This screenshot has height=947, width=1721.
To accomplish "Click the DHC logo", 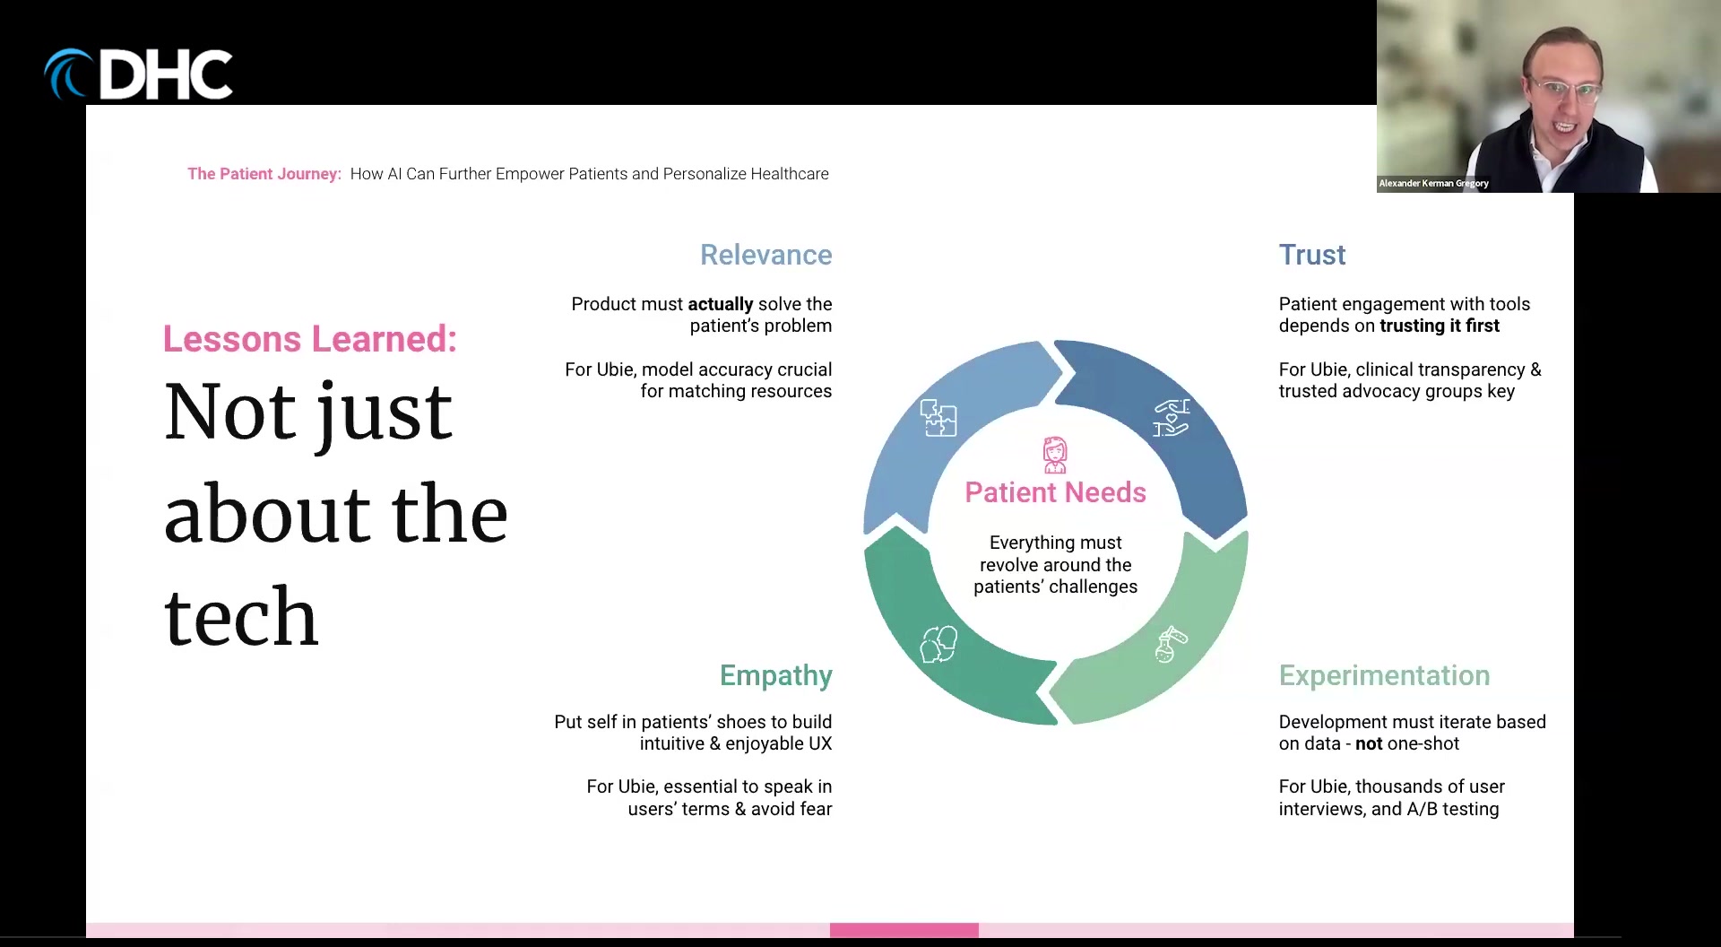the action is (x=139, y=74).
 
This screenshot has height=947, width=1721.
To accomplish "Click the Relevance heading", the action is (x=765, y=255).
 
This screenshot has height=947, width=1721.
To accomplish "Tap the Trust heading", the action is (x=1311, y=255).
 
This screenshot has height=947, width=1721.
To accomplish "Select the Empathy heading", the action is (x=775, y=676).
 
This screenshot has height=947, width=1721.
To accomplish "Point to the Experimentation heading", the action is (x=1384, y=676).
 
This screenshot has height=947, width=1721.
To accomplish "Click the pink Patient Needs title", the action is (x=1055, y=492).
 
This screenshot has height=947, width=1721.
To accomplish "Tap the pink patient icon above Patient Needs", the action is (x=1055, y=455).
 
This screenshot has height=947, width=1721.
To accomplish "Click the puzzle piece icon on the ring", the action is (x=938, y=418).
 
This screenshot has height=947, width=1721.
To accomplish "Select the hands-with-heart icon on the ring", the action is (x=1172, y=418).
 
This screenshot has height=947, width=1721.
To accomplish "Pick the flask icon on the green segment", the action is (x=1170, y=644).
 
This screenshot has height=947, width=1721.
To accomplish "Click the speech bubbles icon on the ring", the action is (x=938, y=644).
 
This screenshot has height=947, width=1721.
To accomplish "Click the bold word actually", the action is (x=721, y=305).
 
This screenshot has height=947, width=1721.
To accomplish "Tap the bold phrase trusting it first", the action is (x=1440, y=326).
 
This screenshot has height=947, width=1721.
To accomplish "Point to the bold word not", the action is (x=1369, y=743).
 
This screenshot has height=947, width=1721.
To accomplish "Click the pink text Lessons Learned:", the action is (x=310, y=339).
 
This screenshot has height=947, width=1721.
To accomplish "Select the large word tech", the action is (x=241, y=616).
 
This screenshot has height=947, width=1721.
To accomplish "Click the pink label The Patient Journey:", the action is (x=264, y=174).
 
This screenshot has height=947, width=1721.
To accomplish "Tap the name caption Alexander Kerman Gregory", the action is (x=1433, y=183).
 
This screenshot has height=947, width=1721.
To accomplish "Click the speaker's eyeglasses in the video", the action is (x=1565, y=89).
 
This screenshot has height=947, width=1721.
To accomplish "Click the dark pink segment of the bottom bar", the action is (x=904, y=930).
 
